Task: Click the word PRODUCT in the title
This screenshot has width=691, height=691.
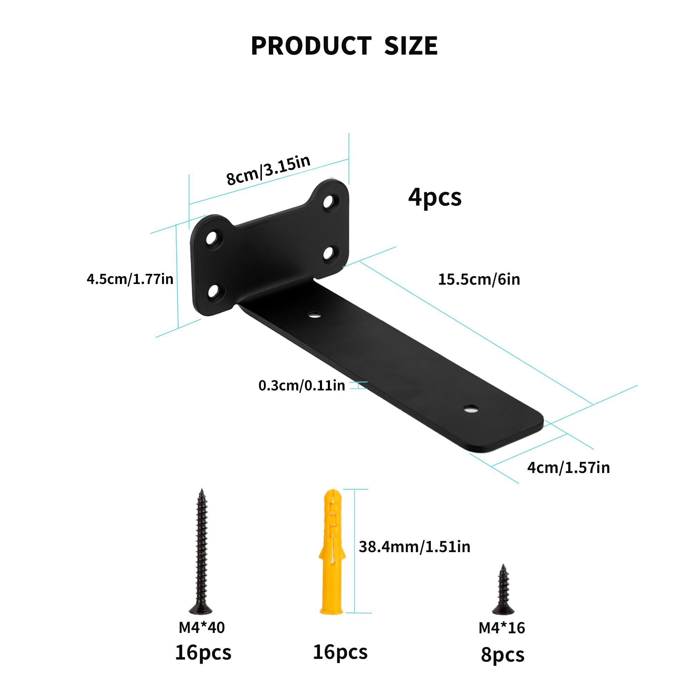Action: pos(311,46)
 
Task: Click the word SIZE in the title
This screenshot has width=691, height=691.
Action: pos(411,46)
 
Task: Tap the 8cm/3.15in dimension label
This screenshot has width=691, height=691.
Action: pos(268,170)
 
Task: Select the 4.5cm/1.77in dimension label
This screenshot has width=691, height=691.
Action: pos(130,279)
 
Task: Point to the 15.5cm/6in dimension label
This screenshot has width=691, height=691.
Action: pos(479,279)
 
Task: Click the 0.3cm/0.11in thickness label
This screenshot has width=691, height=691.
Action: pos(302,386)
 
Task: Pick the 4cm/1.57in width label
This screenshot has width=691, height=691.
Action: pos(568,468)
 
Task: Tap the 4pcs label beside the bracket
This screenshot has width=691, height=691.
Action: pos(435,197)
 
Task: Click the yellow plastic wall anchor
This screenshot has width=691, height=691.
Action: pos(332,551)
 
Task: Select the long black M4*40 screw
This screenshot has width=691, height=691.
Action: pos(201,551)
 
